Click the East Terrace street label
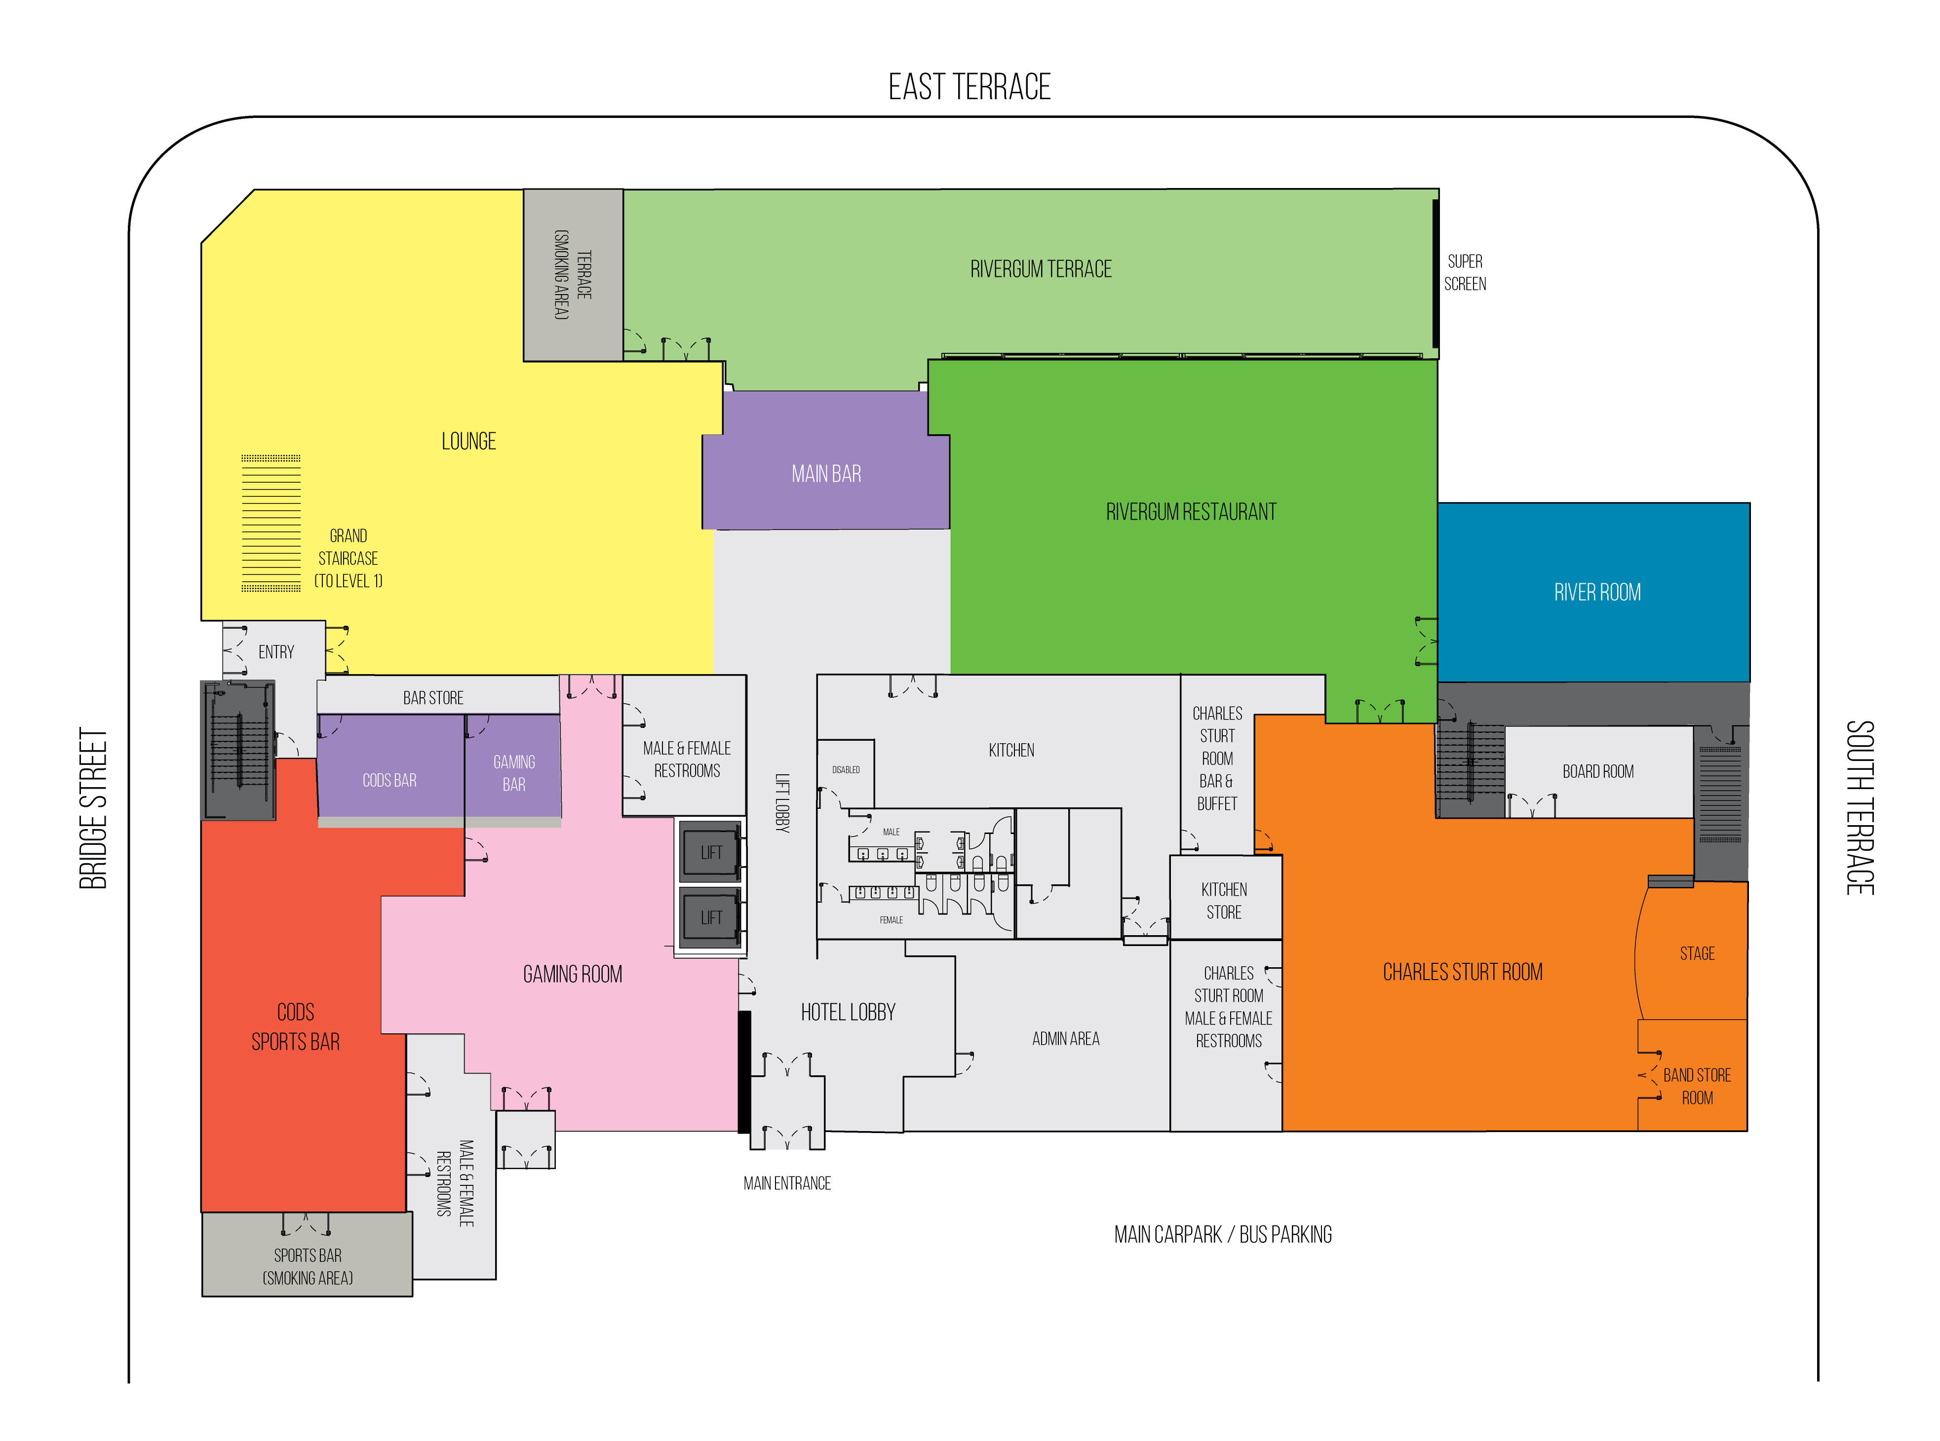(x=969, y=87)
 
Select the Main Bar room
(x=825, y=460)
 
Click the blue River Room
(x=1593, y=592)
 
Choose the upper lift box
(x=711, y=851)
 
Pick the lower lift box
(x=711, y=917)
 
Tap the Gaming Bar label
(x=514, y=773)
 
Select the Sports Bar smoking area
(x=307, y=1254)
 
